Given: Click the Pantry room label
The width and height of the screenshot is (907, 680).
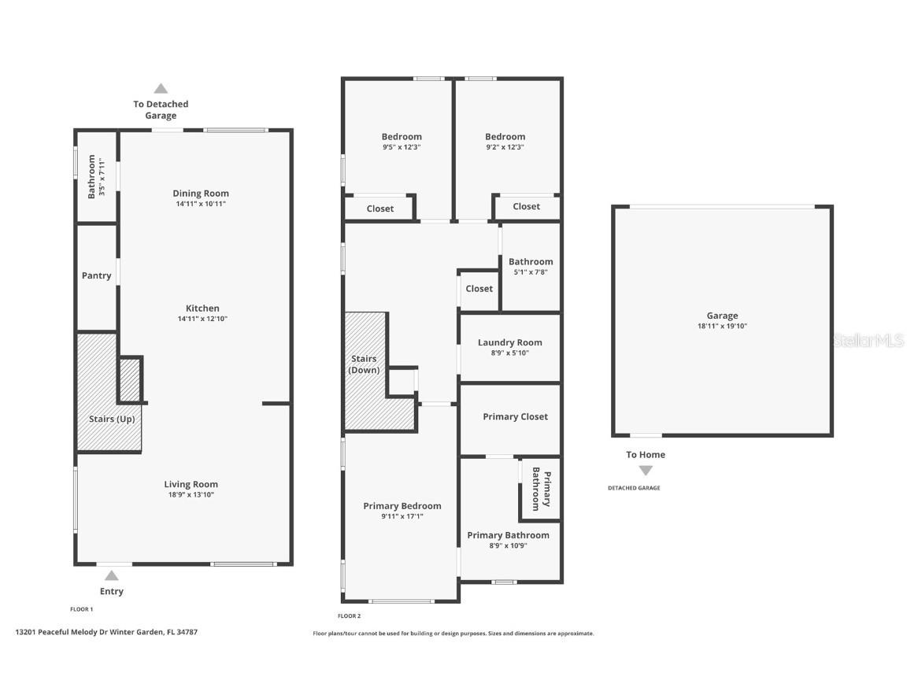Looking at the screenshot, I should click(x=96, y=275).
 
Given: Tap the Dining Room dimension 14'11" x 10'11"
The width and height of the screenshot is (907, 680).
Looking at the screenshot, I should click(x=201, y=204).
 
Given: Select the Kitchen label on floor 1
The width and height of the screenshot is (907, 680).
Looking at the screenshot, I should click(x=202, y=309).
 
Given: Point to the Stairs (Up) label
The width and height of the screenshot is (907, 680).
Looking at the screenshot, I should click(x=114, y=419).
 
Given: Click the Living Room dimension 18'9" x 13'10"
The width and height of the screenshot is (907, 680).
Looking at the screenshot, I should click(x=191, y=495).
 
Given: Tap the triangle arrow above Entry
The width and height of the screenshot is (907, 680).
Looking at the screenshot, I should click(x=112, y=575).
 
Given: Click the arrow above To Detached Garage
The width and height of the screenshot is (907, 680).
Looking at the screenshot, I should click(x=161, y=88).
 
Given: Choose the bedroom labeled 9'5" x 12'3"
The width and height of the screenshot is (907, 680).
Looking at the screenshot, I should click(x=402, y=136).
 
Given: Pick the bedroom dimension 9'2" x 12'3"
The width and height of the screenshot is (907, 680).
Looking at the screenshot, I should click(x=505, y=147).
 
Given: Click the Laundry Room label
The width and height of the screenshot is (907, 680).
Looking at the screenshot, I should click(x=509, y=342).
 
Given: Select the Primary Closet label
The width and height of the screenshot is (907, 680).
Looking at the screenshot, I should click(x=515, y=416).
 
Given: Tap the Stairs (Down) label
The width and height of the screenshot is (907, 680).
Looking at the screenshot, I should click(x=364, y=364).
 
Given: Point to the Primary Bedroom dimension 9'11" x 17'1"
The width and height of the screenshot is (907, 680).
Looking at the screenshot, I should click(x=402, y=516).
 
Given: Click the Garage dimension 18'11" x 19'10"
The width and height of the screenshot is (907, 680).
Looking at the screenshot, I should click(x=722, y=326).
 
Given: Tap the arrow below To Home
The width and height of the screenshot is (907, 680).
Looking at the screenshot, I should click(x=646, y=471).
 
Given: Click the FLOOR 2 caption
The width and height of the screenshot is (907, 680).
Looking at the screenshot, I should click(x=350, y=616).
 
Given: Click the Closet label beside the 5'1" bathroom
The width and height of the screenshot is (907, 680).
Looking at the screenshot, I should click(x=479, y=289).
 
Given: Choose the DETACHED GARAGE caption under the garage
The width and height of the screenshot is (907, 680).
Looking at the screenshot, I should click(x=634, y=488).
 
